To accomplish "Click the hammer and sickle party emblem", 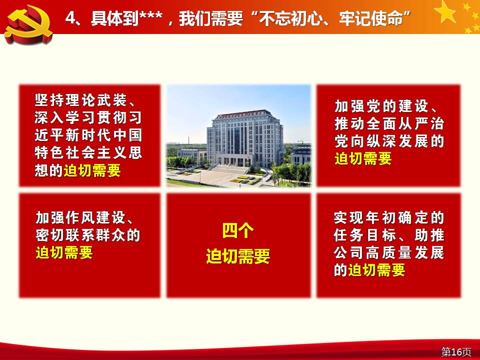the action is [28, 24].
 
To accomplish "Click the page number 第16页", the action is [456, 351].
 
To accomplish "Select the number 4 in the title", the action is [70, 18].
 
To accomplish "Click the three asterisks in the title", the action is [151, 15].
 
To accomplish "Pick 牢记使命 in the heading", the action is [370, 18].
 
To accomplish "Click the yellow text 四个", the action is [238, 231].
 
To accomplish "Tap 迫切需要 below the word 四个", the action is [238, 256].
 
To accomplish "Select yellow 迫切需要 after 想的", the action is [92, 170].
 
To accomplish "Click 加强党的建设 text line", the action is [381, 106].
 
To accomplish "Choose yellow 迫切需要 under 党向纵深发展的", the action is [363, 159].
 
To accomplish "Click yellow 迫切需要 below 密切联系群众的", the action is [64, 253].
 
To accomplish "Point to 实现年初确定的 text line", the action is [389, 217].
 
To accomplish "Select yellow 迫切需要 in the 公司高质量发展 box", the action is [376, 270].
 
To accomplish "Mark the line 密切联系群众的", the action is [88, 235].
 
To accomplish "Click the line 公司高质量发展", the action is [389, 253].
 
